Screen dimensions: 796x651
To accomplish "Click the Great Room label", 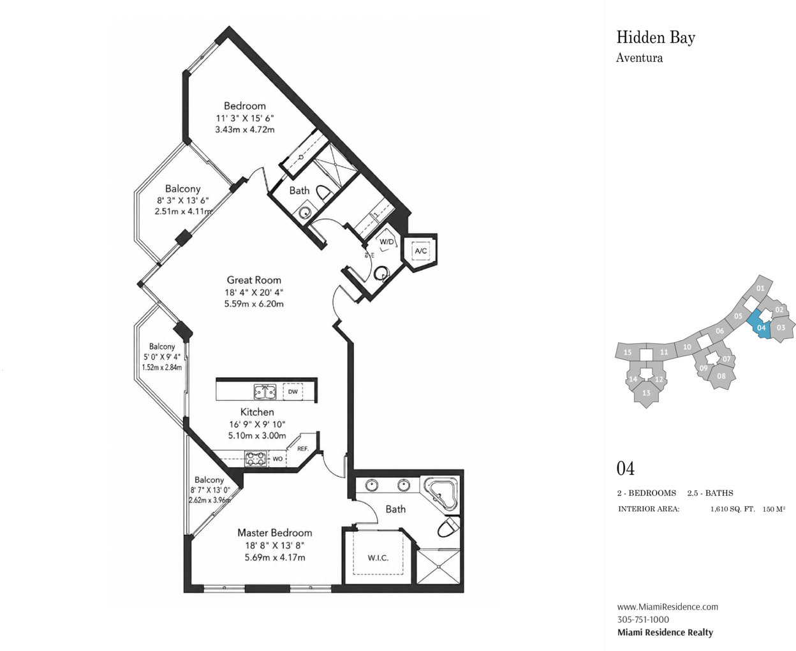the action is [x=254, y=280].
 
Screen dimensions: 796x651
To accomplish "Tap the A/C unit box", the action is [x=420, y=251].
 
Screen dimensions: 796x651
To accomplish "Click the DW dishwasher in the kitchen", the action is [x=293, y=392].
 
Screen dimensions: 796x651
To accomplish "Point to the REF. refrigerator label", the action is [x=303, y=449].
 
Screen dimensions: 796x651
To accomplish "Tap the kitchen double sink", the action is [x=265, y=392].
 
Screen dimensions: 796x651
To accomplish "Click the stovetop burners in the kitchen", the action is [x=256, y=459].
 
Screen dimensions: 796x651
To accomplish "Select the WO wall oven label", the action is [x=277, y=459].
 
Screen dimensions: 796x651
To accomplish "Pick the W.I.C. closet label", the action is [x=378, y=558].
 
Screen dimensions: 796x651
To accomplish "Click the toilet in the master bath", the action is [x=448, y=527].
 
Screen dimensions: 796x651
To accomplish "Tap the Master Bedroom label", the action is [x=275, y=533].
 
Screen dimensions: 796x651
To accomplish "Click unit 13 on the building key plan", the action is [x=646, y=393].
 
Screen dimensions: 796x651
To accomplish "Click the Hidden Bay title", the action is [x=656, y=38].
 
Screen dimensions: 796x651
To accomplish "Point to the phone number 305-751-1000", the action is [x=643, y=620].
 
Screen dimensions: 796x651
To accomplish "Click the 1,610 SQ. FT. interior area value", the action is [x=733, y=509].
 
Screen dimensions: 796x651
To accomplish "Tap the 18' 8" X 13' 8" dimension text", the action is [x=275, y=545].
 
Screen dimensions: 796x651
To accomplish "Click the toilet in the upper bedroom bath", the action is [x=324, y=194].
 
